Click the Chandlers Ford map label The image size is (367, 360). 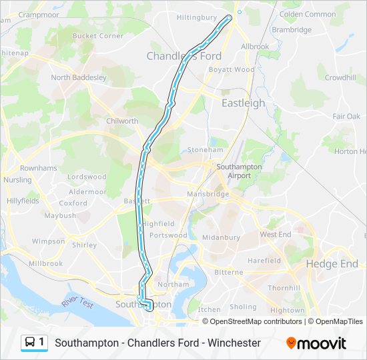184,56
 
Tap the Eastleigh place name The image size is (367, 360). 243,103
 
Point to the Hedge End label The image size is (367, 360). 332,264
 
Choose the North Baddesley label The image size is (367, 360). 79,77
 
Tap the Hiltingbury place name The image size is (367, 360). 197,17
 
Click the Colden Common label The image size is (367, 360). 308,14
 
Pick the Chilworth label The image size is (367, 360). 122,121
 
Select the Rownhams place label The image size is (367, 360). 39,168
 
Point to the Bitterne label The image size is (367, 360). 228,272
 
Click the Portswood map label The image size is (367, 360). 168,235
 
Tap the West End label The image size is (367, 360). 276,235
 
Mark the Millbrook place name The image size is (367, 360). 45,263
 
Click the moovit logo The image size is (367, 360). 316,343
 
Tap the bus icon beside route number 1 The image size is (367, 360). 30,343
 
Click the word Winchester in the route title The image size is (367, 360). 234,343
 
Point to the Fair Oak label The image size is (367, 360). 346,116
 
